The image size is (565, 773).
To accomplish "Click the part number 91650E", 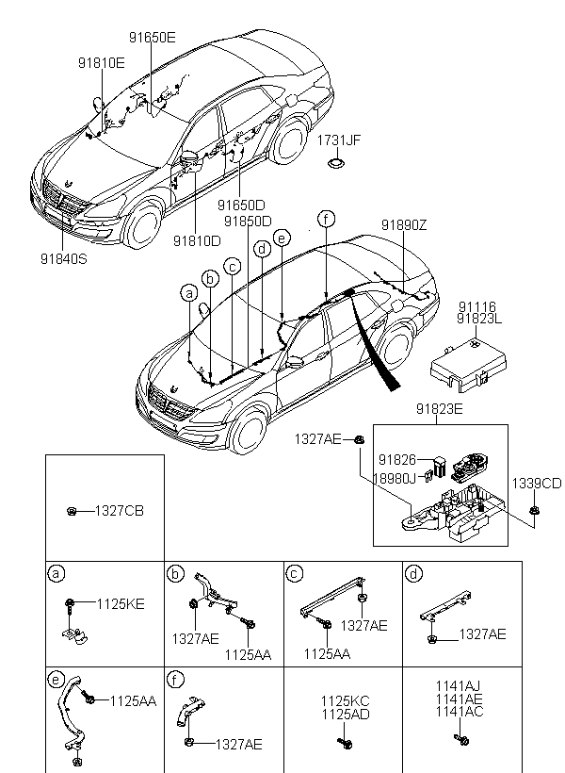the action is tap(153, 38).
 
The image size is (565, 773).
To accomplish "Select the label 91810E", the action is tap(102, 63).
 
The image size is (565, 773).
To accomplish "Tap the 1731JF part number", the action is tap(338, 140).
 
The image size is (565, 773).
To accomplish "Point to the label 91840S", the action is tap(64, 259).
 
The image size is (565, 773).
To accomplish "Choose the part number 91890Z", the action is tap(404, 225).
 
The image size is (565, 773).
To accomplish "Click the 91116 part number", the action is tap(476, 307).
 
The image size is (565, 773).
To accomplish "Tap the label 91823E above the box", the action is tap(440, 409).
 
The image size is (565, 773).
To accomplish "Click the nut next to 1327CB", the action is tap(72, 511).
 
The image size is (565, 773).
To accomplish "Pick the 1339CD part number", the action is tap(537, 484).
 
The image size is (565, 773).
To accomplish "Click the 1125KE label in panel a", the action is tap(121, 604).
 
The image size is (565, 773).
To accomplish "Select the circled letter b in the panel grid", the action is tap(175, 574).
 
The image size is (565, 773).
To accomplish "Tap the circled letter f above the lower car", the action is tap(326, 219).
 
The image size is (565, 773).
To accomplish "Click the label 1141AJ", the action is tap(458, 686).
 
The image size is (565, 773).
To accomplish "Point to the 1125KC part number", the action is tap(346, 701).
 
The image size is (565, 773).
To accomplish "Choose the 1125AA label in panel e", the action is tap(133, 701).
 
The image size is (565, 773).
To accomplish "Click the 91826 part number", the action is tap(397, 460).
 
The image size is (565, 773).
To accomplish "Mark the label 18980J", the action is tap(395, 479).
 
